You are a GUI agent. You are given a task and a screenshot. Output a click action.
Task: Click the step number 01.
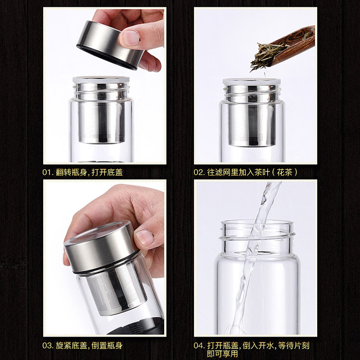[48, 172]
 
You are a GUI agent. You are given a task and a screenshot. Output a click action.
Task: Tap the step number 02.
[199, 172]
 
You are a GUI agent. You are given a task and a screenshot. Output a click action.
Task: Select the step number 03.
[48, 346]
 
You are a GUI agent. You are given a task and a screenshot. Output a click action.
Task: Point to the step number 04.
[199, 346]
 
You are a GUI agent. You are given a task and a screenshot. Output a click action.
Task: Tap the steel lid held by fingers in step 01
[110, 45]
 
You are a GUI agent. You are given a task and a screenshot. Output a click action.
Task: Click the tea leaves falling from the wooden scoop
[267, 55]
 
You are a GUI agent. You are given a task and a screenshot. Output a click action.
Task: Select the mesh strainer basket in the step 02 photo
[252, 115]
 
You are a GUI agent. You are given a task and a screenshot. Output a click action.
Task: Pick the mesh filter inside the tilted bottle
[116, 292]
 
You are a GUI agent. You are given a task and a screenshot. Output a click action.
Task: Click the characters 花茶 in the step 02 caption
[284, 172]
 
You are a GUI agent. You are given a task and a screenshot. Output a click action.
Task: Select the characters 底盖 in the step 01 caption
[115, 172]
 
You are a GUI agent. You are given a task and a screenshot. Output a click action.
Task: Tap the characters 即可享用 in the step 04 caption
[222, 354]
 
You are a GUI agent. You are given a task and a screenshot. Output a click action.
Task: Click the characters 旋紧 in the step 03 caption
[63, 346]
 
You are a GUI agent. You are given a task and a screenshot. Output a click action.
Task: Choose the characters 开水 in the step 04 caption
[266, 346]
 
